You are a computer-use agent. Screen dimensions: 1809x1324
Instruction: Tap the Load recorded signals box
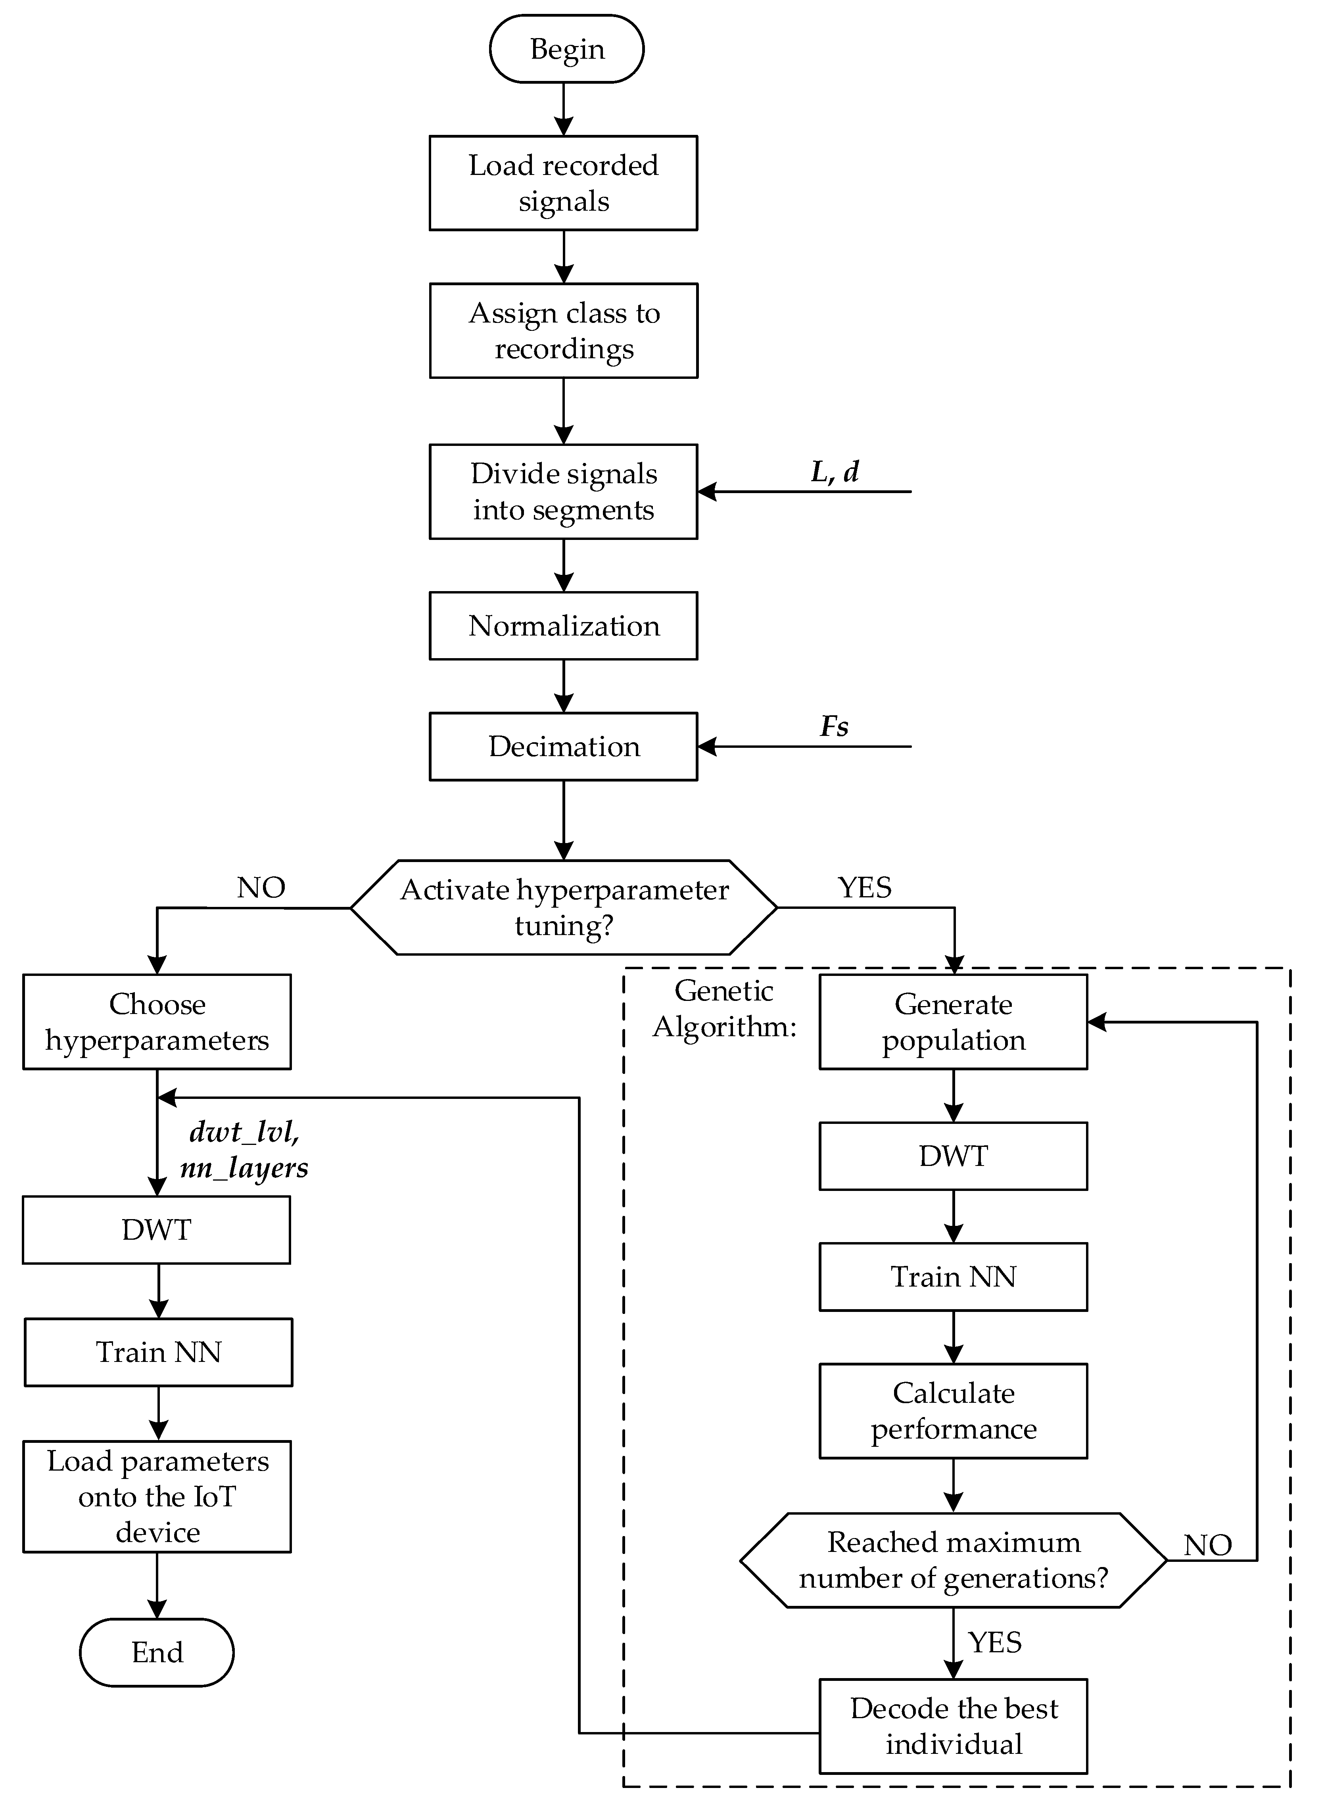click(563, 183)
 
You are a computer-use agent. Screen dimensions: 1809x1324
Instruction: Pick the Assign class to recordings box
click(563, 330)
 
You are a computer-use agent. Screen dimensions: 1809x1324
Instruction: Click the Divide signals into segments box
click(563, 491)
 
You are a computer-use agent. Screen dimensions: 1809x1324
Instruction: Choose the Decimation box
click(563, 746)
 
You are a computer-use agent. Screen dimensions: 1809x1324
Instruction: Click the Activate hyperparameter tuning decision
click(563, 907)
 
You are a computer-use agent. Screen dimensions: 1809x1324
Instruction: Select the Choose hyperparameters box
click(157, 1022)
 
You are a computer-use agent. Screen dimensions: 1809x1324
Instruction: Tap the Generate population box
click(953, 1022)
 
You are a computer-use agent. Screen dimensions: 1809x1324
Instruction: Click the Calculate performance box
click(953, 1411)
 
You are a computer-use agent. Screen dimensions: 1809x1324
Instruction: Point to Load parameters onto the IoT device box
click(157, 1496)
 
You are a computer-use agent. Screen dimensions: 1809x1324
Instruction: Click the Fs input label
click(834, 726)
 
